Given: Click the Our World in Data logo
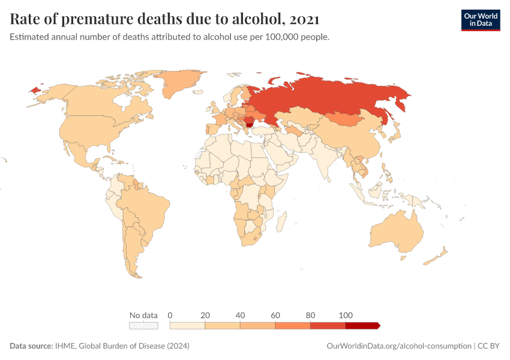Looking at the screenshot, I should pyautogui.click(x=480, y=20).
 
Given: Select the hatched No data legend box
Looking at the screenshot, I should pyautogui.click(x=143, y=325).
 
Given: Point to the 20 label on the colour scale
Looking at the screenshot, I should pyautogui.click(x=205, y=315).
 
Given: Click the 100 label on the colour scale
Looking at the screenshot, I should pyautogui.click(x=345, y=315).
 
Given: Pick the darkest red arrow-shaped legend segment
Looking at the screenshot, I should pyautogui.click(x=362, y=325).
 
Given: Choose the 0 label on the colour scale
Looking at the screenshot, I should pyautogui.click(x=170, y=315).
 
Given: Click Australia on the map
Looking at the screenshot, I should pyautogui.click(x=396, y=231).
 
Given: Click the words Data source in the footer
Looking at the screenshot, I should pyautogui.click(x=31, y=346).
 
